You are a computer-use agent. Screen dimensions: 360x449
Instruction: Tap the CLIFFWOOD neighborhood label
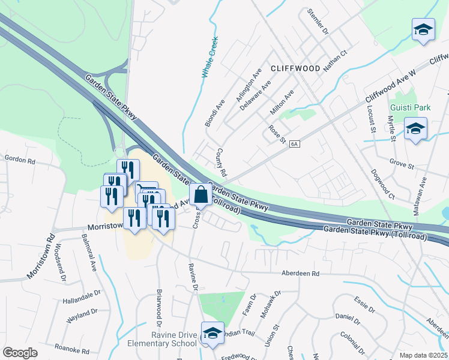pyautogui.click(x=295, y=68)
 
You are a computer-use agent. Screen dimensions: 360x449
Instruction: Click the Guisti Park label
pyautogui.click(x=411, y=108)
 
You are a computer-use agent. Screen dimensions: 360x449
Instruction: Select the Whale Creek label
pyautogui.click(x=209, y=58)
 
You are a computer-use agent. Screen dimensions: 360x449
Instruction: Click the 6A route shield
pyautogui.click(x=294, y=144)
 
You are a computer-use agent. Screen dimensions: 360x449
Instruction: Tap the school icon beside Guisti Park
pyautogui.click(x=415, y=129)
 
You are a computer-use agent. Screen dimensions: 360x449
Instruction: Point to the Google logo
pyautogui.click(x=20, y=353)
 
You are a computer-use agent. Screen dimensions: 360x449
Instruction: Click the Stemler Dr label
pyautogui.click(x=319, y=21)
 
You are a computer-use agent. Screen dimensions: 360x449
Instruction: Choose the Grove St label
pyautogui.click(x=402, y=163)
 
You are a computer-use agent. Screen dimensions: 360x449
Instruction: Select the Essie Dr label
pyautogui.click(x=364, y=306)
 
